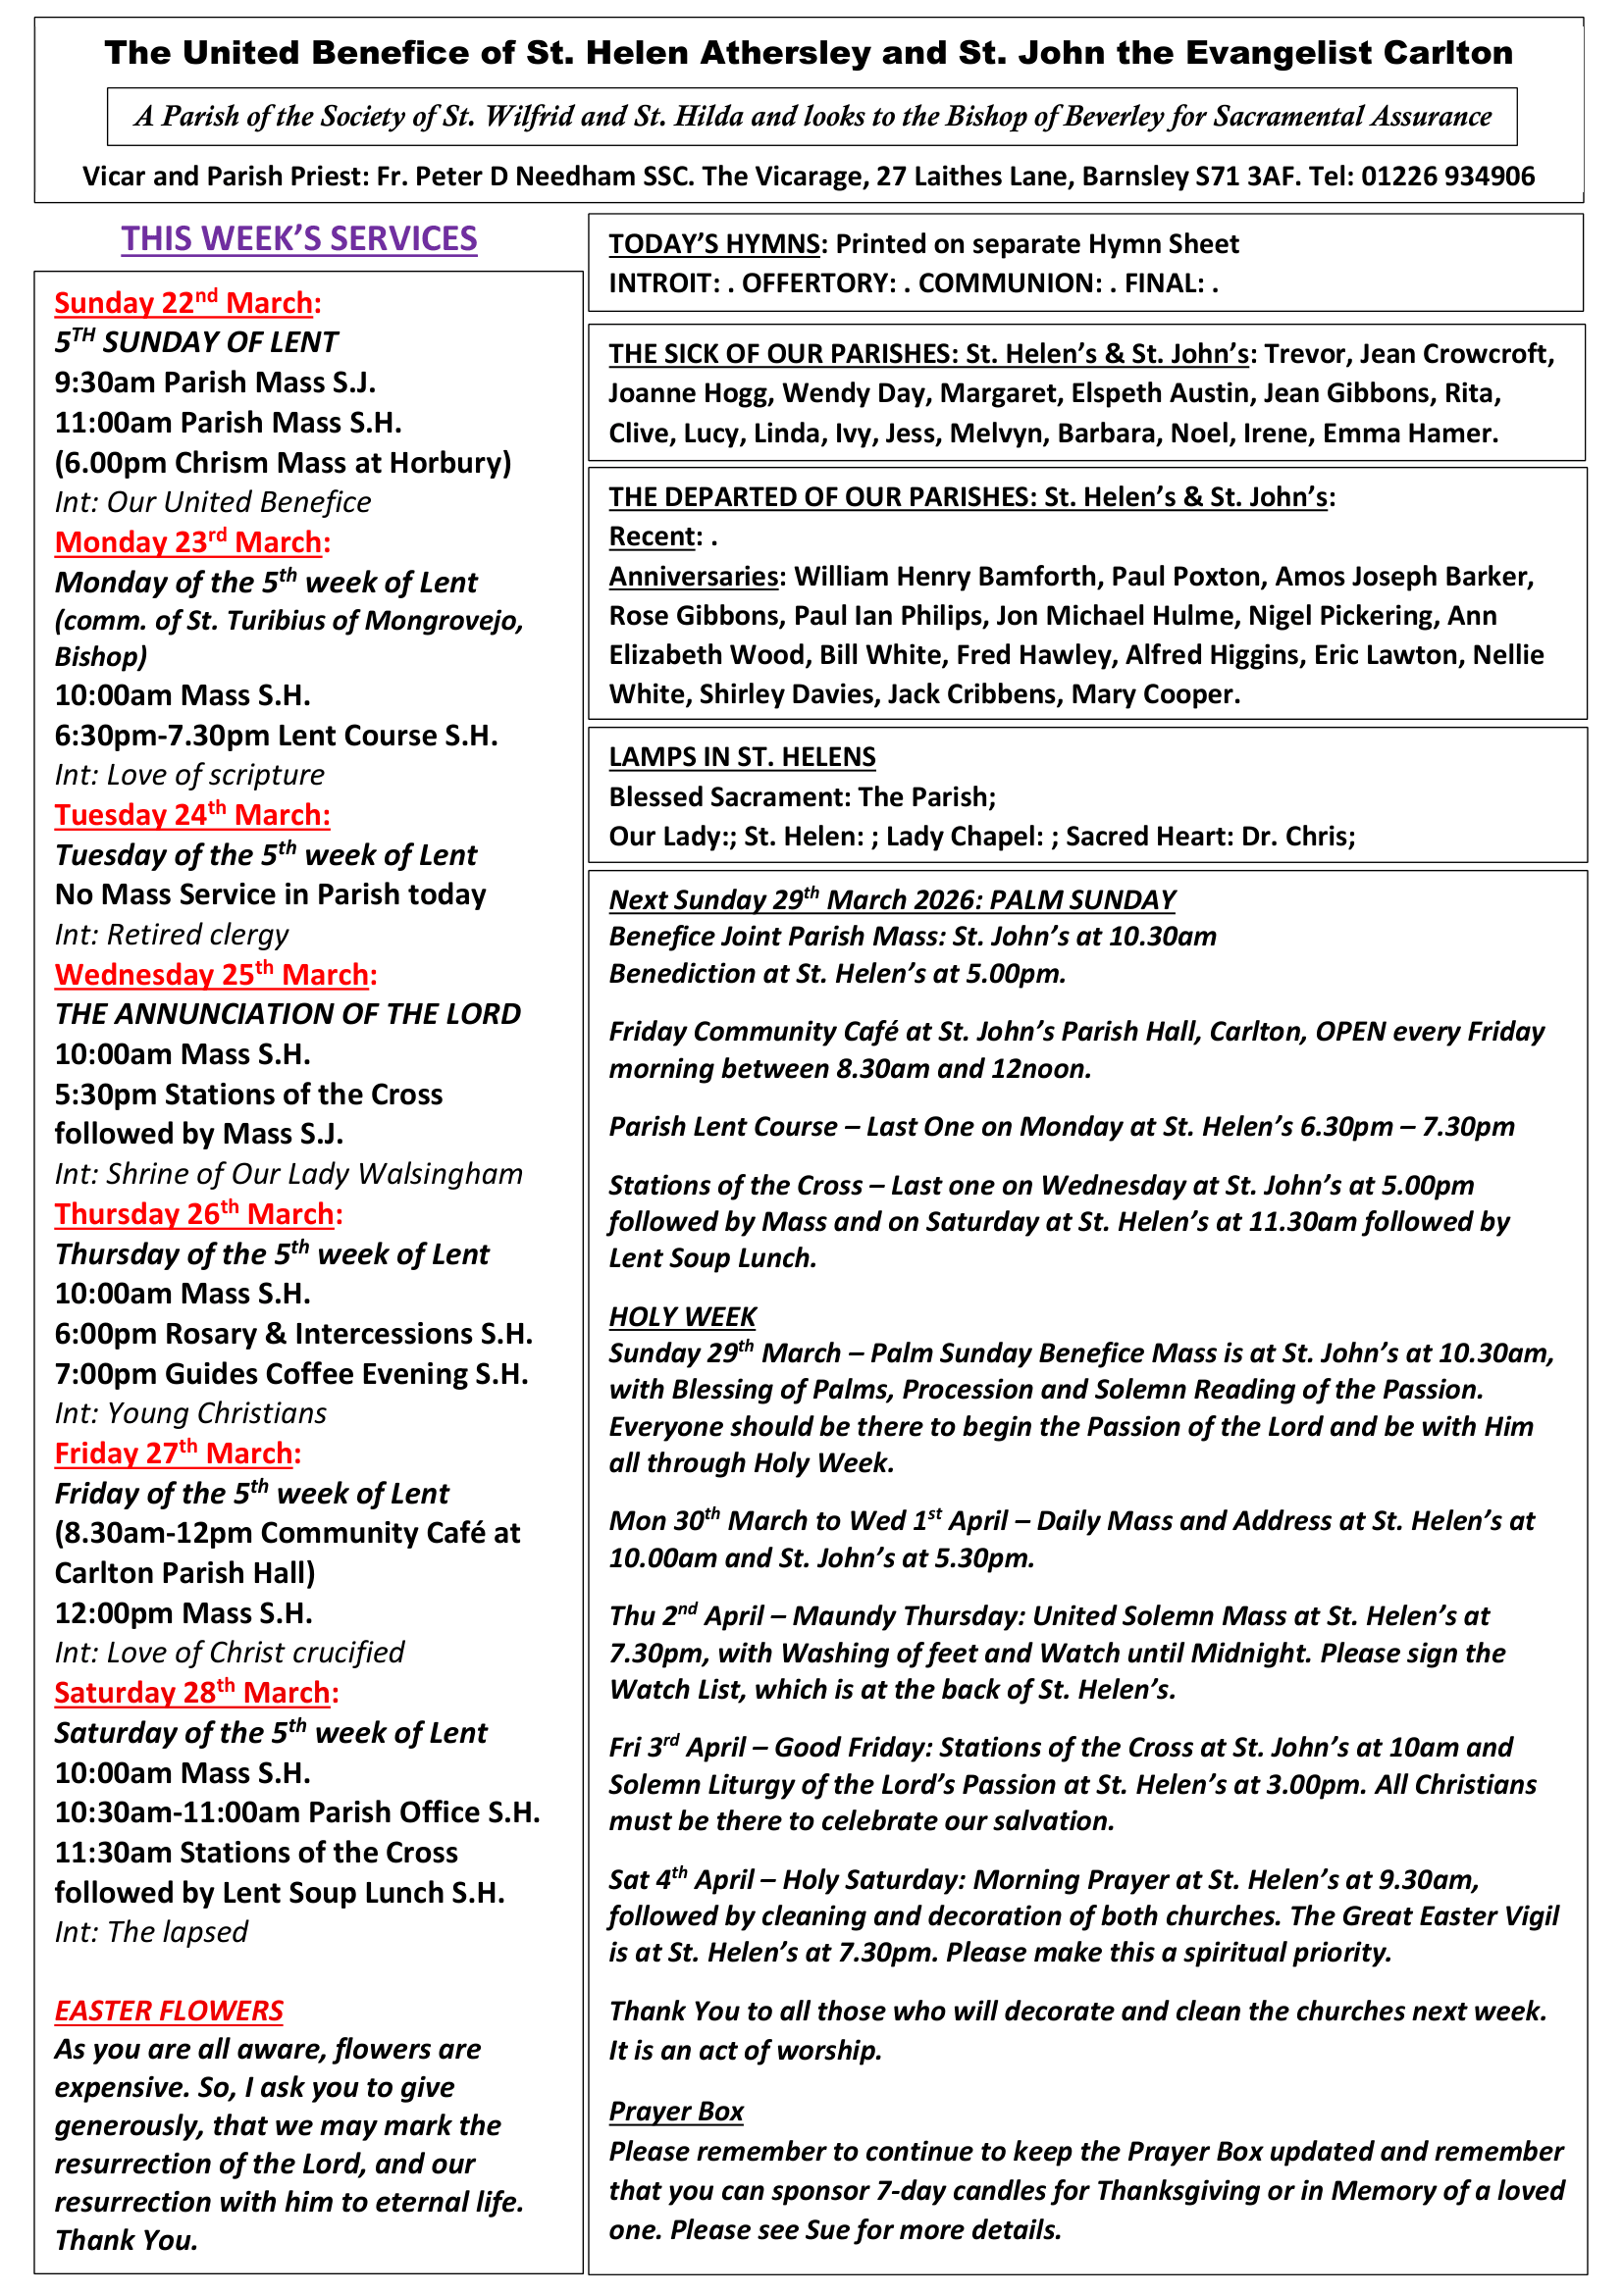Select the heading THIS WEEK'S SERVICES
299,238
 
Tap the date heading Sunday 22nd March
187,303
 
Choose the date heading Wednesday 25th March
216,974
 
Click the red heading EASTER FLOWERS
169,2011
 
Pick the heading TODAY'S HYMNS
714,244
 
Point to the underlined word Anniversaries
694,577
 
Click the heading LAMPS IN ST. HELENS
743,757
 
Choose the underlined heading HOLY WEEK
683,1317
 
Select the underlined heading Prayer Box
677,2112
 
